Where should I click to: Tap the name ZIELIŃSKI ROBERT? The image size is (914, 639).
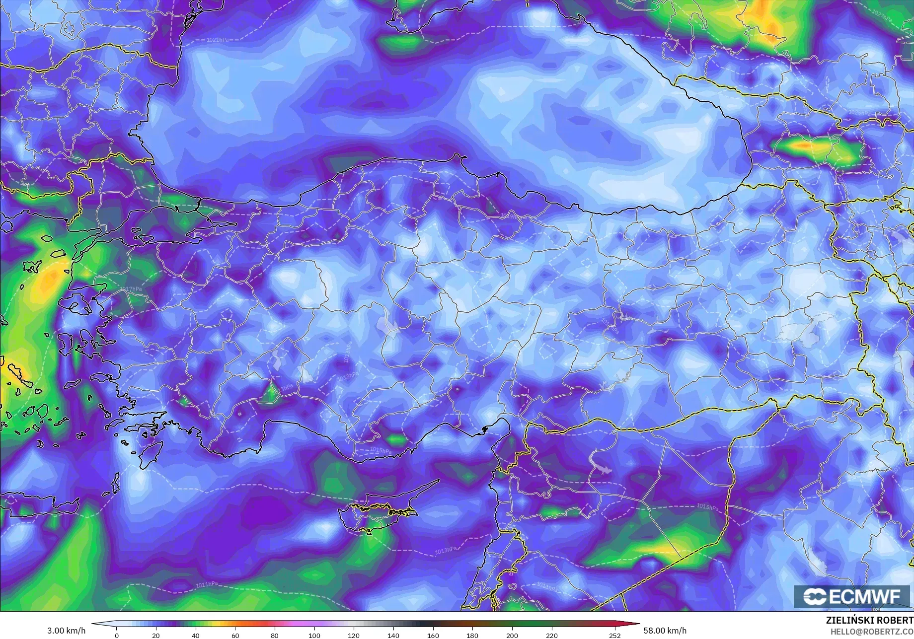869,621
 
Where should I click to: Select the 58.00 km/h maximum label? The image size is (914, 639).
665,631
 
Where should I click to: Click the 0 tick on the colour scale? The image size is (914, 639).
117,636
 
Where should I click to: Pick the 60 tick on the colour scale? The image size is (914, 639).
235,636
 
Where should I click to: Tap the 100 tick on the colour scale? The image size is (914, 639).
314,636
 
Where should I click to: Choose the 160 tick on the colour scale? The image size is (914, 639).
433,636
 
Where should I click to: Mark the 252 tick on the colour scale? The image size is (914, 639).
615,636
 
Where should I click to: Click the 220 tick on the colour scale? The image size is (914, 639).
551,636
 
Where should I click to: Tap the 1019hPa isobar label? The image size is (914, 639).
512,216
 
